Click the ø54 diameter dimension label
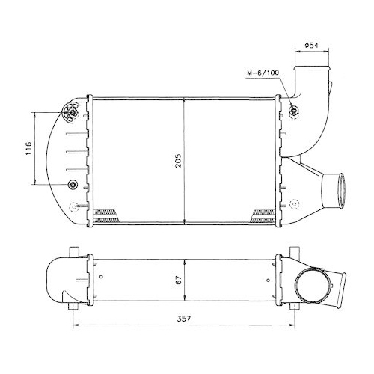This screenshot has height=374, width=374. [311, 46]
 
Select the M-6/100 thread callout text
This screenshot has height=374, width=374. [263, 73]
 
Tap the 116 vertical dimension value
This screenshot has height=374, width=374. [29, 148]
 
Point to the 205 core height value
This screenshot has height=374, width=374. [179, 160]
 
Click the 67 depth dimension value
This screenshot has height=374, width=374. [179, 280]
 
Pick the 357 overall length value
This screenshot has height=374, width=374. [184, 319]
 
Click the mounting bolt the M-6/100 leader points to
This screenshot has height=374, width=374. [293, 110]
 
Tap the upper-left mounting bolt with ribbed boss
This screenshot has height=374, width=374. [73, 112]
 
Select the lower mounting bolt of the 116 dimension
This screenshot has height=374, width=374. [73, 184]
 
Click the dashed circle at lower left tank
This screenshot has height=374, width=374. [74, 206]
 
